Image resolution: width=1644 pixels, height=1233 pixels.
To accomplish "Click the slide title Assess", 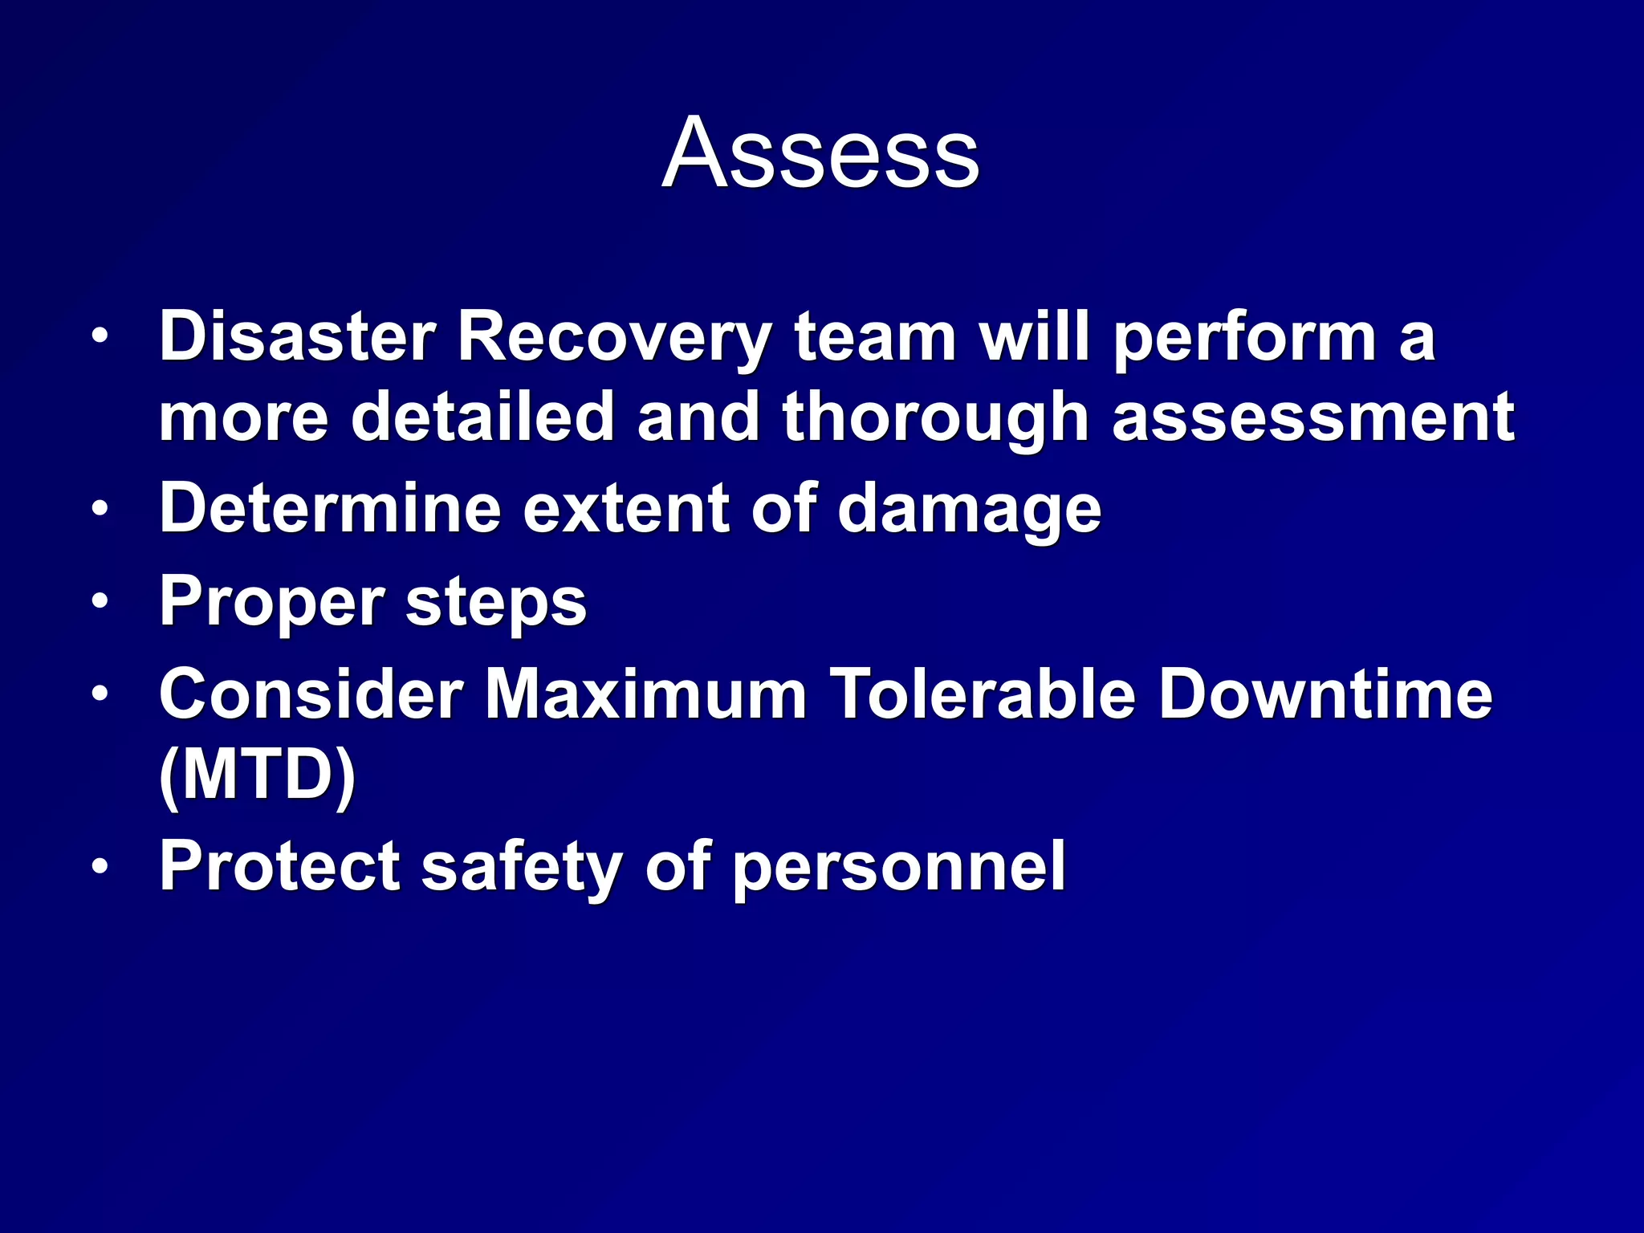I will point(820,153).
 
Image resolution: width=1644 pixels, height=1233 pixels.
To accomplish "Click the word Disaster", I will point(297,337).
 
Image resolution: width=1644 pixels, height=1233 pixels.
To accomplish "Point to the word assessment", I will point(1312,417).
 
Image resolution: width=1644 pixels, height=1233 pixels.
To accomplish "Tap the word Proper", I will point(271,603).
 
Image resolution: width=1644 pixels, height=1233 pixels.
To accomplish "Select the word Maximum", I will point(645,694).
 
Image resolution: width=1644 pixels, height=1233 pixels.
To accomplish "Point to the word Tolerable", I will point(983,694).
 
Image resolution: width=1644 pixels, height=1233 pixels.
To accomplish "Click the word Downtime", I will point(1325,694).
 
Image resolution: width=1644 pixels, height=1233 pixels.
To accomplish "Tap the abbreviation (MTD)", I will point(257,776).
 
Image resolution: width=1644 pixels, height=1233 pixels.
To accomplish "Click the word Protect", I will point(279,866).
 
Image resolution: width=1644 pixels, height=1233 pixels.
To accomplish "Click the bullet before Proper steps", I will point(99,601).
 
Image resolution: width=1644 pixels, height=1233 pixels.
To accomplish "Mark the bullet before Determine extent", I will point(99,509).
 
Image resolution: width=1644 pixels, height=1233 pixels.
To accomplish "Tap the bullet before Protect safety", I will point(99,866).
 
